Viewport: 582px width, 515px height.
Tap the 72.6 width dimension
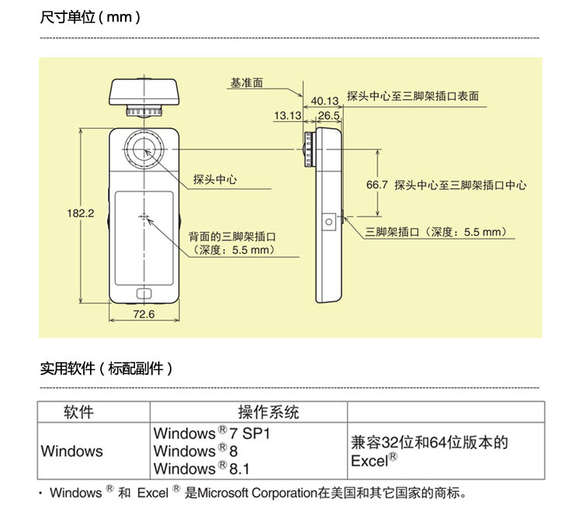144,314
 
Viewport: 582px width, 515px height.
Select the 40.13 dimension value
325,101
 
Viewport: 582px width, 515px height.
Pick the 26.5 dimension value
329,116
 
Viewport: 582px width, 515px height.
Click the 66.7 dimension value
376,185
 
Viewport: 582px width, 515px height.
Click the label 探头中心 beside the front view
215,180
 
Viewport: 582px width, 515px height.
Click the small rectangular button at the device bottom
144,294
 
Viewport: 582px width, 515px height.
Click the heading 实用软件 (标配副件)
106,368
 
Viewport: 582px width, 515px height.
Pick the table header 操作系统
268,412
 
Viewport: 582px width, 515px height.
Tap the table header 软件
78,412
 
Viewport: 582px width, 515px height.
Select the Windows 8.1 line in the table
202,468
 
